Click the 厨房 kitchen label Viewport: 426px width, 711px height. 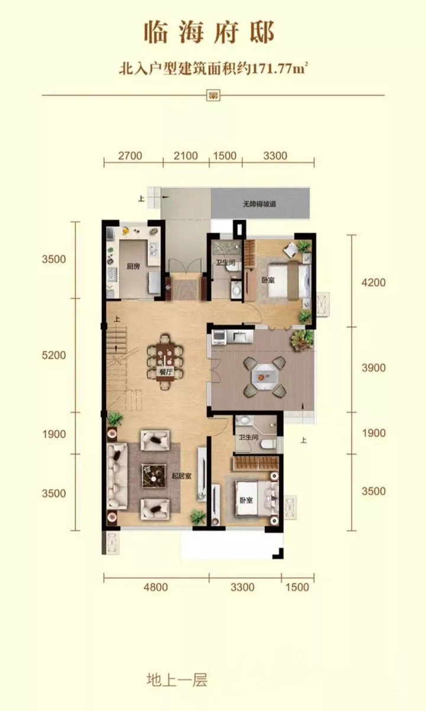click(133, 266)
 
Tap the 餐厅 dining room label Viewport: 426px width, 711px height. click(165, 372)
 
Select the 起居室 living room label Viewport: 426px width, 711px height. click(182, 476)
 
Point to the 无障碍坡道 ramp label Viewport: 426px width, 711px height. click(260, 204)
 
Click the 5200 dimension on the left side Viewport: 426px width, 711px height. click(54, 355)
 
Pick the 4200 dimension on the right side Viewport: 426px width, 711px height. click(374, 282)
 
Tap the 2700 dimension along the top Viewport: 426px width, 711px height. click(130, 156)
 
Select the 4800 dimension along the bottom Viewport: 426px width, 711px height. click(156, 587)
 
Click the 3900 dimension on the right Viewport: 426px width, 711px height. click(374, 368)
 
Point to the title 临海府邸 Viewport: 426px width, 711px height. click(209, 33)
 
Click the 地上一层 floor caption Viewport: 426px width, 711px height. click(177, 680)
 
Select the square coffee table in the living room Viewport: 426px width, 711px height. click(154, 476)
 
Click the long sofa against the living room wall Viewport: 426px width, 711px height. click(117, 476)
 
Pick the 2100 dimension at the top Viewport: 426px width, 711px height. click(186, 156)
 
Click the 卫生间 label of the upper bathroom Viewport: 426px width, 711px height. click(225, 263)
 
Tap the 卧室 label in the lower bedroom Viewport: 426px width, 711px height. click(246, 501)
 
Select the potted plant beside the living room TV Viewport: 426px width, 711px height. click(198, 517)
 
